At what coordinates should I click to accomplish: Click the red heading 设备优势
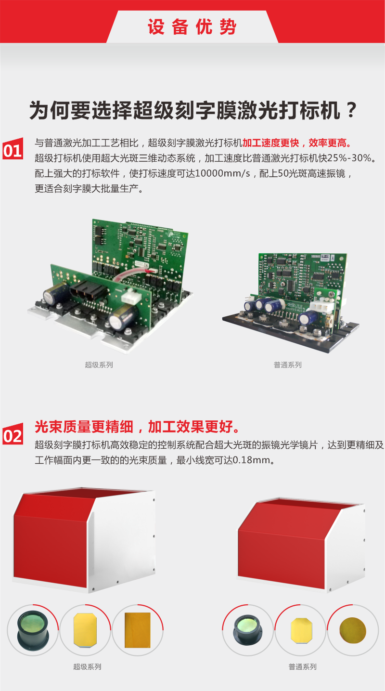[192, 27]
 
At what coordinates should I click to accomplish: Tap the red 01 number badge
[13, 149]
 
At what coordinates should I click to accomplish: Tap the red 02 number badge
[13, 434]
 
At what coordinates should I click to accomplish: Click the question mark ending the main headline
[351, 110]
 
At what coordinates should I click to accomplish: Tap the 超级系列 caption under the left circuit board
[99, 365]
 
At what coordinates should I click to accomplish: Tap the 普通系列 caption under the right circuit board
[288, 365]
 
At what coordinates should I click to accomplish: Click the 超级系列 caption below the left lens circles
[87, 667]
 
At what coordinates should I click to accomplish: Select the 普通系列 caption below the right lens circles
[302, 667]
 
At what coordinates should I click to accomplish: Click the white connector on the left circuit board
[131, 297]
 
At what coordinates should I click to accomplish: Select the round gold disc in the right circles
[353, 630]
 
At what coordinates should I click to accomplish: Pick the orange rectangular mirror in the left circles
[138, 630]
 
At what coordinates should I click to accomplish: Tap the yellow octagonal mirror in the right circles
[301, 630]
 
